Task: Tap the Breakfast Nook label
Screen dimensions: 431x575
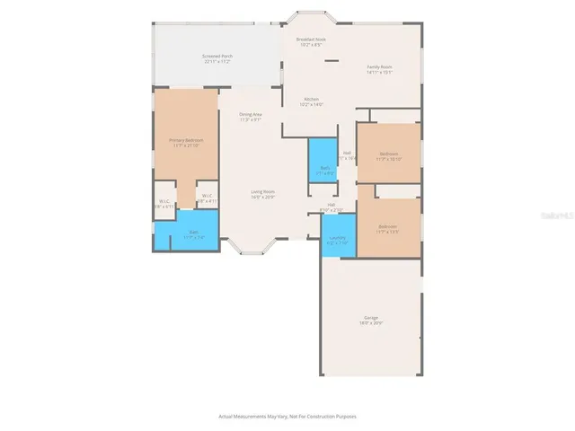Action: click(x=311, y=42)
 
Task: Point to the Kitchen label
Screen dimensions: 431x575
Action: click(x=312, y=101)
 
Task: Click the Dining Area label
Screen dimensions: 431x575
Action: click(x=251, y=117)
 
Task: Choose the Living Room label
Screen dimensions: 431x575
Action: click(x=262, y=194)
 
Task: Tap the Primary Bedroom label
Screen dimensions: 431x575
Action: click(x=186, y=142)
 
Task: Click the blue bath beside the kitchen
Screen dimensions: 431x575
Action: click(x=323, y=160)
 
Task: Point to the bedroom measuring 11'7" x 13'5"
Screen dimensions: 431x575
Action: click(x=389, y=228)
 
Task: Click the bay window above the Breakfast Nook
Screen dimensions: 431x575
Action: click(x=312, y=19)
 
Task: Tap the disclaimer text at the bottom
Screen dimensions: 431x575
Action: click(x=287, y=416)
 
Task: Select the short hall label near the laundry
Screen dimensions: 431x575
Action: click(x=331, y=207)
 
